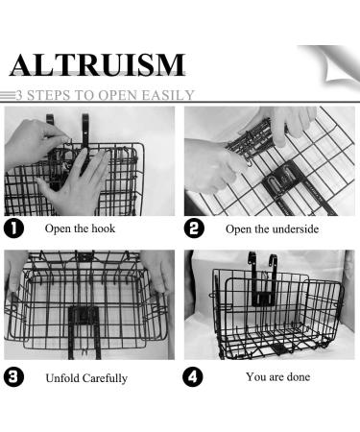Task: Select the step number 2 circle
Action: pyautogui.click(x=195, y=228)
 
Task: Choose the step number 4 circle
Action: pyautogui.click(x=195, y=376)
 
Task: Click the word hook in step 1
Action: pyautogui.click(x=100, y=229)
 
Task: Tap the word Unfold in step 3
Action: pyautogui.click(x=63, y=377)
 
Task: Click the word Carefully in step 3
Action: pyautogui.click(x=106, y=377)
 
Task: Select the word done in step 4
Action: pyautogui.click(x=296, y=376)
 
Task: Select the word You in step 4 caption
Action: pyautogui.click(x=255, y=376)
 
